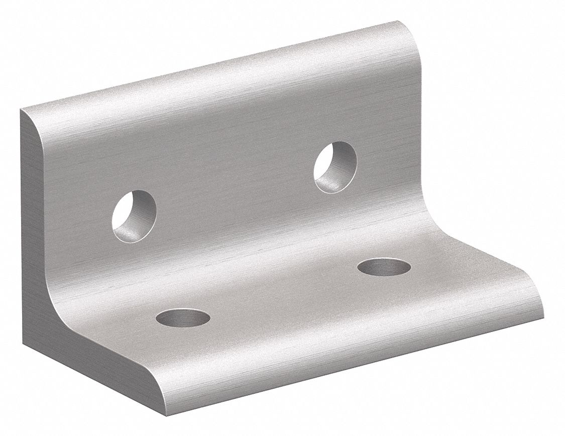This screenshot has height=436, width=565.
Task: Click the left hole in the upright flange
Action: tap(134, 215)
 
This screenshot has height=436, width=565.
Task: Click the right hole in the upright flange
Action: tap(335, 167)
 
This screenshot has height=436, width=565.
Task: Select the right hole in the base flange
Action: tap(384, 267)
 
